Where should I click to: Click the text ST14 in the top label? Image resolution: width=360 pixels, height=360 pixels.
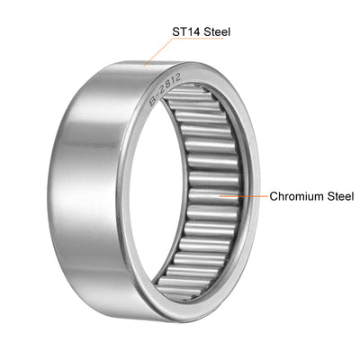pyautogui.click(x=187, y=31)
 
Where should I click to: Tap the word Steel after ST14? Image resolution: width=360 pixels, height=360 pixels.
pyautogui.click(x=216, y=31)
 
